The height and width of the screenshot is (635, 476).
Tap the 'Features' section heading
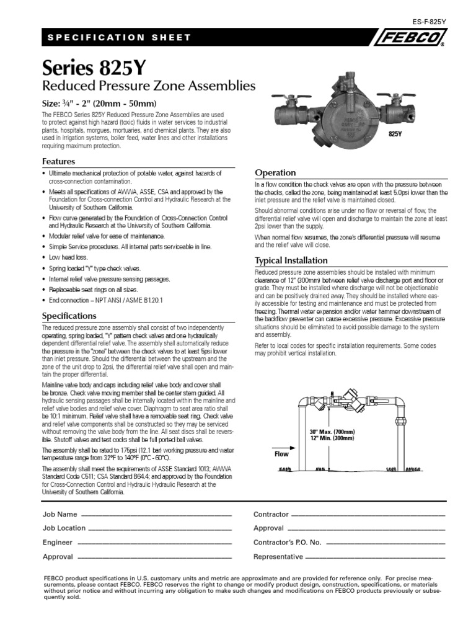tap(58, 161)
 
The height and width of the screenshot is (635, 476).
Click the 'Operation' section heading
tap(276, 172)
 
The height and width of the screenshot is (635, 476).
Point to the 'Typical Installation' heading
tap(292, 261)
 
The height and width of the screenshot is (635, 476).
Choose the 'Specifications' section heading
tap(68, 316)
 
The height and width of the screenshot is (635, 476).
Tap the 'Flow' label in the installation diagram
tap(281, 454)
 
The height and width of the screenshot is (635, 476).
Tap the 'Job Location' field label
tap(64, 528)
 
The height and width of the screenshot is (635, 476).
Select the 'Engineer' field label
tap(58, 543)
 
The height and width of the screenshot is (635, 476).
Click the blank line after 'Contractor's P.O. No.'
tap(385, 543)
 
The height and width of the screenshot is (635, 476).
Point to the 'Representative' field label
tap(278, 557)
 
